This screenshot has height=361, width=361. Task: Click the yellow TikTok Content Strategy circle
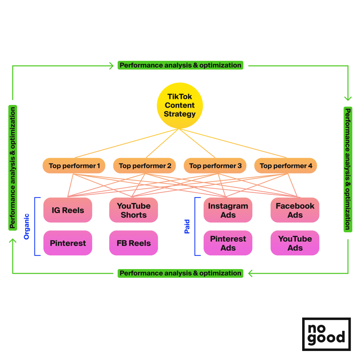tap(180, 105)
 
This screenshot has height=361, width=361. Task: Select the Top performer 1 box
tap(74, 166)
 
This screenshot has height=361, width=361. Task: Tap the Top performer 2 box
tap(144, 166)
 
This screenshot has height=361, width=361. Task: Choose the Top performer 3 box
tap(215, 166)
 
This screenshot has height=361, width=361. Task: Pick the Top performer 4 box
tap(285, 166)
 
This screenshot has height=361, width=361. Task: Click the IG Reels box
tap(68, 210)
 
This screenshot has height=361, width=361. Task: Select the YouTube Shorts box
tap(133, 210)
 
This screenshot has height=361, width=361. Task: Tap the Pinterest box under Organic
tap(68, 243)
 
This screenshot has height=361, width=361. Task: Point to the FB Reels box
tap(133, 243)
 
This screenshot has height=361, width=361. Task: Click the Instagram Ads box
tap(228, 210)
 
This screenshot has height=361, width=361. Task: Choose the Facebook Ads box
tap(295, 210)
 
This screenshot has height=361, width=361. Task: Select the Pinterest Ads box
tap(228, 243)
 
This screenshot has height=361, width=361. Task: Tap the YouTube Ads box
tap(295, 243)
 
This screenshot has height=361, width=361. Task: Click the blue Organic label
tap(27, 226)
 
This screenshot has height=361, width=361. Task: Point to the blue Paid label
tap(187, 226)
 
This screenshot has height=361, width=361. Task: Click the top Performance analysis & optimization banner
tap(180, 65)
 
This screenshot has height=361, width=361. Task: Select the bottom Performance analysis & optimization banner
tap(180, 273)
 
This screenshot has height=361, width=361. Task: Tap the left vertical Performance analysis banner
tap(13, 168)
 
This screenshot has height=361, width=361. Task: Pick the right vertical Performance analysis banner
tap(348, 169)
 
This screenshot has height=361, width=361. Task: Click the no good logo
tap(326, 334)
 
